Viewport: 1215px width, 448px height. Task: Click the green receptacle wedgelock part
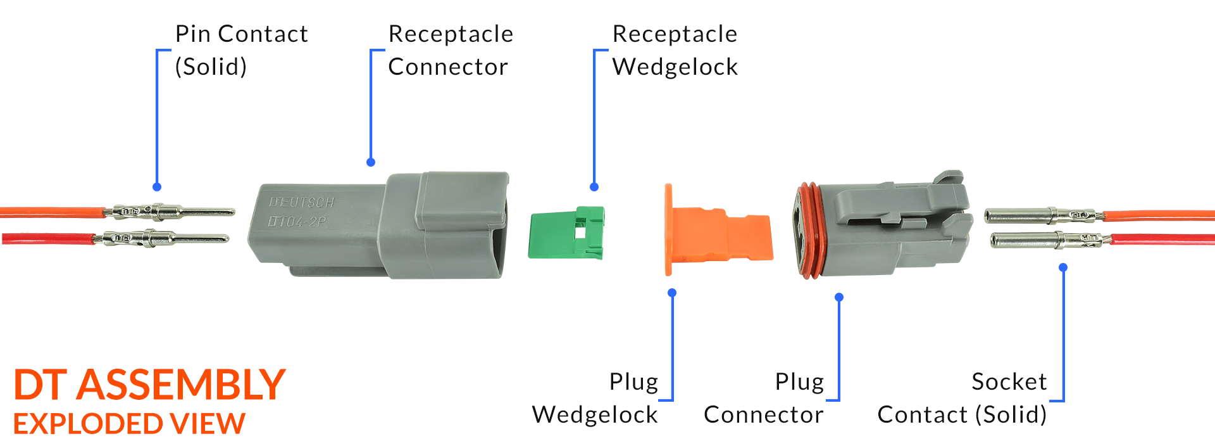point(566,233)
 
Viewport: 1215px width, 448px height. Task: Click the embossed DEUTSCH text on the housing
point(301,203)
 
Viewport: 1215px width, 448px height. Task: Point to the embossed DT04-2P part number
point(297,222)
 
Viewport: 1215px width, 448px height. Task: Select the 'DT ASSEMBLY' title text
point(150,385)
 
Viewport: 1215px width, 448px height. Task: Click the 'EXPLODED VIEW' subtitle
point(129,424)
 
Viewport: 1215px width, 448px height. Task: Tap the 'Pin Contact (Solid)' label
point(241,50)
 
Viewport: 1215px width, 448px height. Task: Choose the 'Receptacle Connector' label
point(451,50)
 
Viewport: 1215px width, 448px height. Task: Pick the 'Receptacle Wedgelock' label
point(675,50)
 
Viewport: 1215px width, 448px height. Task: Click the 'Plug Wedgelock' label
point(595,398)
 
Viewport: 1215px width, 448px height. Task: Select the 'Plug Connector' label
point(764,398)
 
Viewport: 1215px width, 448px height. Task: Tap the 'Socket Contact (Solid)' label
point(962,398)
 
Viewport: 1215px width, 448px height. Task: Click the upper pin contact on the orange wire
point(169,211)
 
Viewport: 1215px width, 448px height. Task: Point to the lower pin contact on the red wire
point(161,238)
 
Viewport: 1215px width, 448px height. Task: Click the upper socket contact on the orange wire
point(1044,215)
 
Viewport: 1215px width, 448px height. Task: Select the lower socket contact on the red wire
point(1050,240)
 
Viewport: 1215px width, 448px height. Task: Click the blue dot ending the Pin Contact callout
point(157,187)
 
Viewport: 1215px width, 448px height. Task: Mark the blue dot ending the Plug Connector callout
point(839,297)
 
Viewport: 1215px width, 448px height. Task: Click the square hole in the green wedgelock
point(580,233)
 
